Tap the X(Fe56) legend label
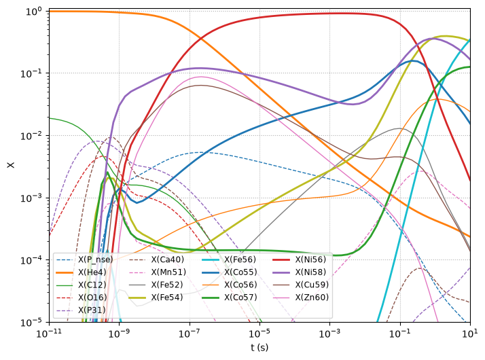[240, 259]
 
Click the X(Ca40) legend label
[167, 259]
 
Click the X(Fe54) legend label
[167, 298]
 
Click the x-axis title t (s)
[259, 348]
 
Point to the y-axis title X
[11, 165]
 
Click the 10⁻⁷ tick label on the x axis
[190, 334]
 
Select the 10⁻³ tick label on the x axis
[329, 334]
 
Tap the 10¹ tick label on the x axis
[470, 334]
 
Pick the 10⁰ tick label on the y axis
[33, 12]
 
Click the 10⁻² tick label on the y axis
[31, 136]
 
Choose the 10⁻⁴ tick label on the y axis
[31, 260]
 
